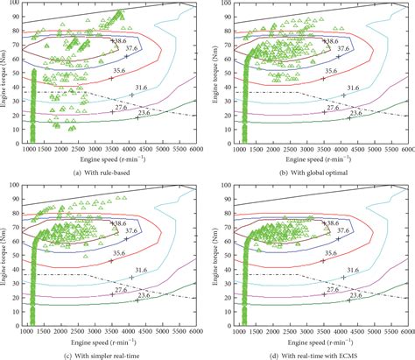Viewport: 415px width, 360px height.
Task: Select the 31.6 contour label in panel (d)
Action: click(x=353, y=271)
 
